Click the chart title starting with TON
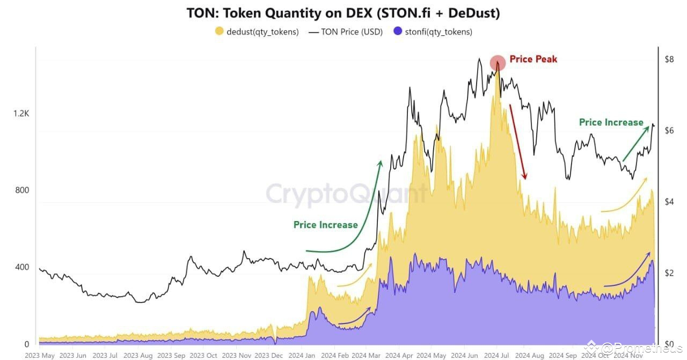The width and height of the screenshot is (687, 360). [x=343, y=13]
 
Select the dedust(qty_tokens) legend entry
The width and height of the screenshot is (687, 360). [x=257, y=32]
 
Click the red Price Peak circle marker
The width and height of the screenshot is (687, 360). [x=498, y=63]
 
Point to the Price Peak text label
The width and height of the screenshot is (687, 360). [x=533, y=59]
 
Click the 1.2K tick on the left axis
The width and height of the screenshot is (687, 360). [x=21, y=113]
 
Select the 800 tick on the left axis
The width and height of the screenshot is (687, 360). [x=21, y=190]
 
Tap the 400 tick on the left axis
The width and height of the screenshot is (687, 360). [x=21, y=267]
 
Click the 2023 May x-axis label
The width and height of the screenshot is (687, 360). [x=40, y=355]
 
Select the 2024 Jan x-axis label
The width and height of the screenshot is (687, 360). [x=303, y=355]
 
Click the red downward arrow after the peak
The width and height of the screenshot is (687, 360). [x=517, y=142]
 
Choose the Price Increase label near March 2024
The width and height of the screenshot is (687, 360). [x=325, y=225]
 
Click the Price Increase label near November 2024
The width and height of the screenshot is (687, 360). [x=611, y=122]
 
